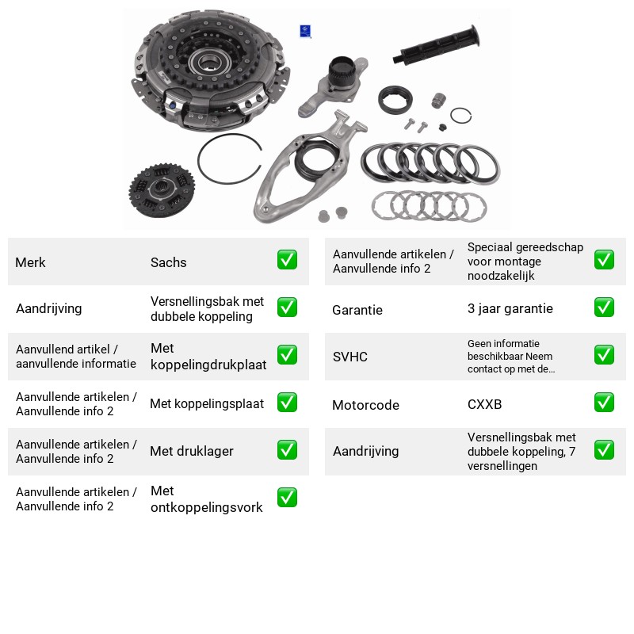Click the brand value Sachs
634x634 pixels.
click(x=168, y=262)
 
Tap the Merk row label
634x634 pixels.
click(x=30, y=262)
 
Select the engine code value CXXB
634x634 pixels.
click(x=484, y=404)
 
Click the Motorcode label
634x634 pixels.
click(x=365, y=405)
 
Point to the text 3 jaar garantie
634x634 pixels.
click(x=510, y=308)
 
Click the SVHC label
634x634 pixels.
click(x=349, y=357)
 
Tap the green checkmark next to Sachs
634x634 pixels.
click(x=287, y=260)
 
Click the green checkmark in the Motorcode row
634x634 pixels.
click(x=604, y=403)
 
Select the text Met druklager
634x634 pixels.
click(x=192, y=451)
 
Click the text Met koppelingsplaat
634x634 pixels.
click(x=207, y=403)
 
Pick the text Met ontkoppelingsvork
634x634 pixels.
click(x=206, y=499)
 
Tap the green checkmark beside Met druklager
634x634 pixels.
click(x=287, y=450)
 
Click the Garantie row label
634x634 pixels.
click(x=357, y=310)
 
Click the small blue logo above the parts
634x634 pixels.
click(x=305, y=31)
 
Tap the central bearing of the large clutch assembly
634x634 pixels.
click(x=209, y=62)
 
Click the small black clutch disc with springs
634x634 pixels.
click(x=162, y=190)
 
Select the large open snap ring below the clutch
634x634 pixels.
click(x=230, y=159)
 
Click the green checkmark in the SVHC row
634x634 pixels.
click(x=604, y=354)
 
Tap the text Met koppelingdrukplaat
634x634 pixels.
click(x=208, y=356)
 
